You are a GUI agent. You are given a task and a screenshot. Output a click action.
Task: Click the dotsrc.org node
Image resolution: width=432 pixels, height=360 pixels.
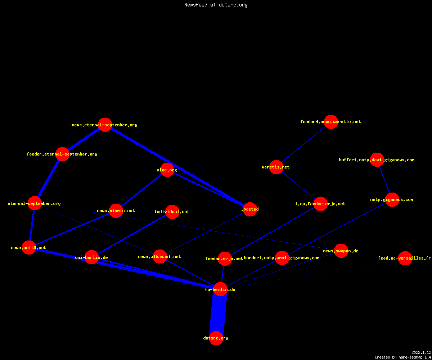tap(216, 338)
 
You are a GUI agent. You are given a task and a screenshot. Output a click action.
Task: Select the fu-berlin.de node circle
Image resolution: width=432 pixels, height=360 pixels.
tap(220, 289)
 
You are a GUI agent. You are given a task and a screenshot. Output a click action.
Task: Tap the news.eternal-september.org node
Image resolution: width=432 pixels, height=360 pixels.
tap(105, 125)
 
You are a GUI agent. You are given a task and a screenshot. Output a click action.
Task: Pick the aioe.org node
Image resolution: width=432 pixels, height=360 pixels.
tap(167, 170)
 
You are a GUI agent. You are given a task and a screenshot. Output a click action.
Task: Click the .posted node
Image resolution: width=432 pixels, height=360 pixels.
tap(250, 209)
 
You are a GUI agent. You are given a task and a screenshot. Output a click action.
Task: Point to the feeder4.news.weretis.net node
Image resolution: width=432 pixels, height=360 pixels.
tap(331, 122)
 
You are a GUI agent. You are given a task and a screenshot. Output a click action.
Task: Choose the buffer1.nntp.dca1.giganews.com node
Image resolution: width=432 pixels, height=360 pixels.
tap(377, 160)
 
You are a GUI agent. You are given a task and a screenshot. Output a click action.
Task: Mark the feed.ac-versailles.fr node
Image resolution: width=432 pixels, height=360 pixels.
tap(405, 258)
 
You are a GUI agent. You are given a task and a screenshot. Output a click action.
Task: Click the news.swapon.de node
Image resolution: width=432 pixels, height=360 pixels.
tap(341, 251)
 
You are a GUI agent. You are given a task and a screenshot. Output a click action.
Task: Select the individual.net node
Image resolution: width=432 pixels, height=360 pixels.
tap(172, 212)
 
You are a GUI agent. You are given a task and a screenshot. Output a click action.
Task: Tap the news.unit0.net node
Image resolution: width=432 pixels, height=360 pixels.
tap(29, 247)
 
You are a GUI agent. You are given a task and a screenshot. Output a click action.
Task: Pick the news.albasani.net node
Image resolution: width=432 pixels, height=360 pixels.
tap(160, 257)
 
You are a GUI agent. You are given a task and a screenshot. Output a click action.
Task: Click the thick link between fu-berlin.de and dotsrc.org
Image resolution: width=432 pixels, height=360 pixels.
tap(218, 314)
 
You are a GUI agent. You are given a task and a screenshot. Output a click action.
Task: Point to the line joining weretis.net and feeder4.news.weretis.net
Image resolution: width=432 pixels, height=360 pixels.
tap(303, 144)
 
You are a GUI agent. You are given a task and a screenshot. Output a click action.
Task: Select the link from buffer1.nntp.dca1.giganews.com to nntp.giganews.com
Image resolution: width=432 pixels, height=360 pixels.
tap(384, 180)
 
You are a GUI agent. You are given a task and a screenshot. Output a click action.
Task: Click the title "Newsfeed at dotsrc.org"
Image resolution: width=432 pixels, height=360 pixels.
tap(216, 5)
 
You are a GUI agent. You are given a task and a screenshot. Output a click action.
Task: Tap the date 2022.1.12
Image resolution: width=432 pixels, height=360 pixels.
tap(421, 352)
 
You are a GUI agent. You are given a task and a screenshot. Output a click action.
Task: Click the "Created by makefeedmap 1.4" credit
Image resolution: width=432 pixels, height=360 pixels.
tap(403, 357)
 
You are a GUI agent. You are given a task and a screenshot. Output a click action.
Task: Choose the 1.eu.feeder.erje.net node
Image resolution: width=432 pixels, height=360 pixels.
tap(320, 204)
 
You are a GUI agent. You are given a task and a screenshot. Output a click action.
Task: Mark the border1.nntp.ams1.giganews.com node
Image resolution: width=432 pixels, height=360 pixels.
tap(282, 258)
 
